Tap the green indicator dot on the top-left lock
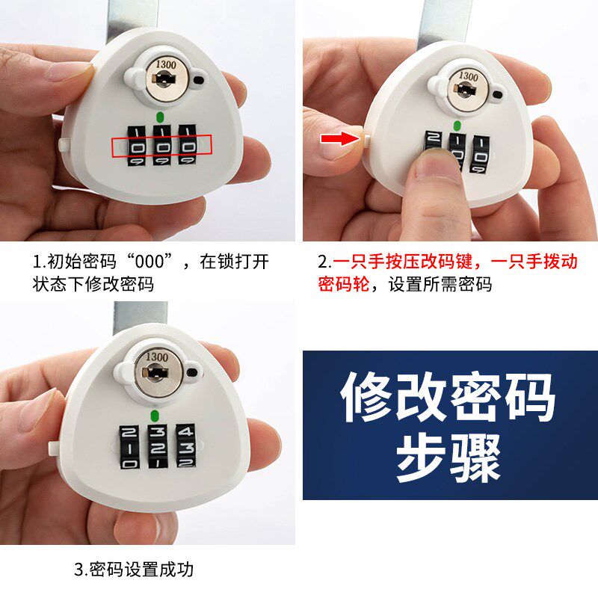click(x=160, y=117)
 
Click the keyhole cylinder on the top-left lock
click(x=164, y=78)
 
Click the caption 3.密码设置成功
click(x=134, y=569)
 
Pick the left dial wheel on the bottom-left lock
click(x=129, y=448)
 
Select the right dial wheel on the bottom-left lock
click(x=185, y=448)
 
